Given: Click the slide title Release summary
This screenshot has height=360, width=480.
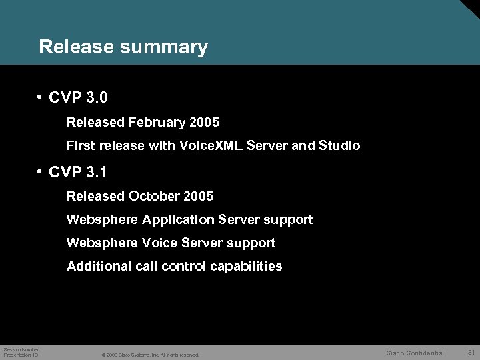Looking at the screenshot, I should click(x=123, y=47).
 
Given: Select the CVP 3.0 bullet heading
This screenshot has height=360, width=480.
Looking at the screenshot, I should click(x=78, y=98).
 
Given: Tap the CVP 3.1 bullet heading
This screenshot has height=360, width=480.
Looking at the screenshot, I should click(x=78, y=172).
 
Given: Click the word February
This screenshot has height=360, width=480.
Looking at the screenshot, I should click(x=157, y=123).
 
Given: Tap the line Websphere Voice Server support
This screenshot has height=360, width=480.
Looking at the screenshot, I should click(x=171, y=243).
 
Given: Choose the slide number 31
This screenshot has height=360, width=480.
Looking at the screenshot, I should click(x=471, y=352).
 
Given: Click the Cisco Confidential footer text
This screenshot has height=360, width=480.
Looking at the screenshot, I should click(x=415, y=353).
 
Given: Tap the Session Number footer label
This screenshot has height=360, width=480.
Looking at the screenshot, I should click(x=21, y=349).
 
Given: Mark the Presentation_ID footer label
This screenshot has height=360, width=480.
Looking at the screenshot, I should click(x=21, y=355).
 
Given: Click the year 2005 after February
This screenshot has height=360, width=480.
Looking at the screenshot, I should click(x=205, y=123).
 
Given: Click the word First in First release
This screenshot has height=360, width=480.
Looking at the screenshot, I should click(x=81, y=146).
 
